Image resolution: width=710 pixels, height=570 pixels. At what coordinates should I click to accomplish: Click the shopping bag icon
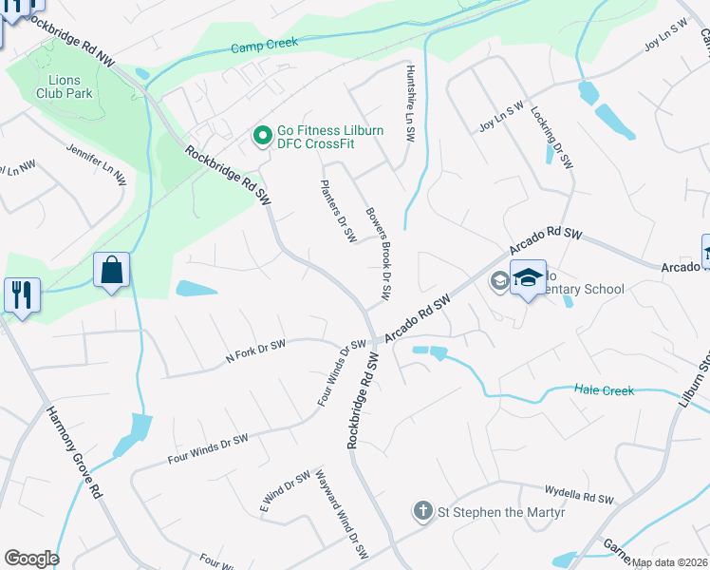click(111, 271)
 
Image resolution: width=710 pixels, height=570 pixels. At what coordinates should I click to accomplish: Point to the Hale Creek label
click(605, 390)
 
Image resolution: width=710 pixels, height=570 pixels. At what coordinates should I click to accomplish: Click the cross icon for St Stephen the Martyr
click(423, 512)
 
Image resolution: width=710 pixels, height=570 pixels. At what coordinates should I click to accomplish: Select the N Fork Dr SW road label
click(255, 351)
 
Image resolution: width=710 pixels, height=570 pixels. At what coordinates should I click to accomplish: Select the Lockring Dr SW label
click(552, 137)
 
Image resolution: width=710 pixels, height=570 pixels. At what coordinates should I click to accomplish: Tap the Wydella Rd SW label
click(579, 495)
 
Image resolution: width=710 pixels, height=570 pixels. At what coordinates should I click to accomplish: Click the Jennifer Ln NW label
click(96, 163)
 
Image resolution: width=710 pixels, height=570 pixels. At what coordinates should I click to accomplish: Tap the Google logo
click(31, 559)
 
